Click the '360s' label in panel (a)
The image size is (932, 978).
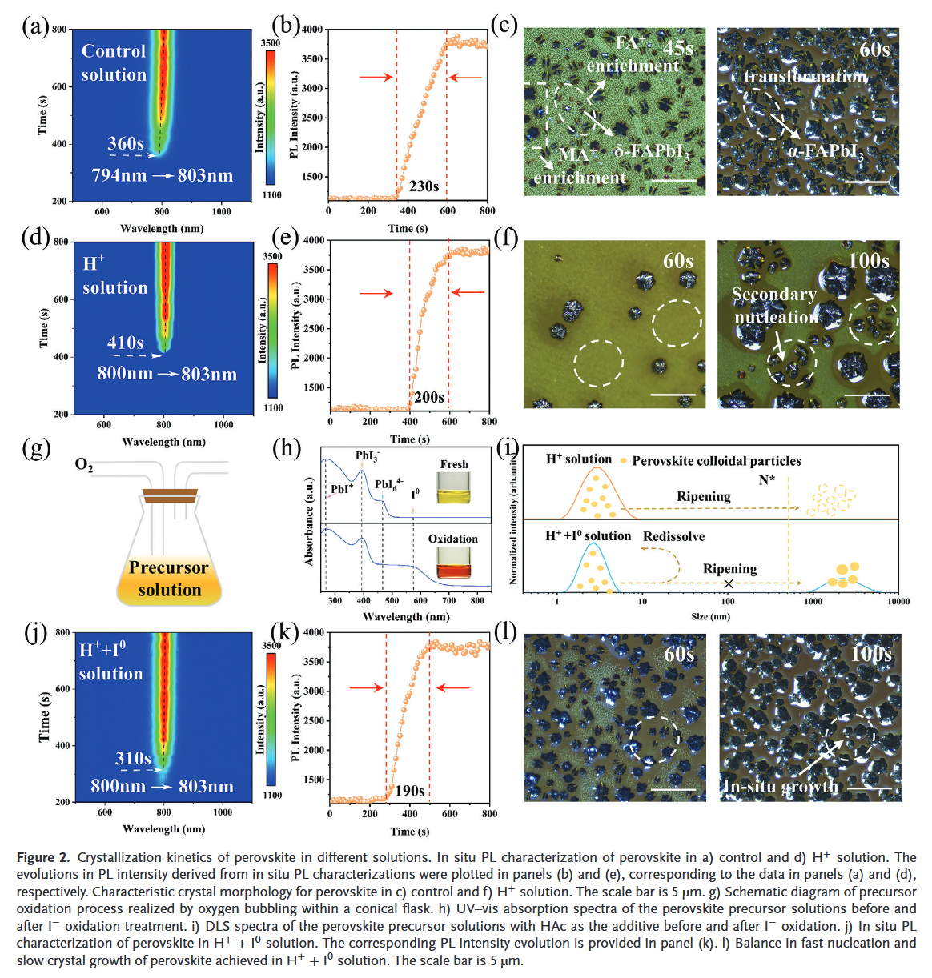[x=126, y=144]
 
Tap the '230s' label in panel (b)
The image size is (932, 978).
[x=424, y=186]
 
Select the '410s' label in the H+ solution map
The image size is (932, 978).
[x=126, y=343]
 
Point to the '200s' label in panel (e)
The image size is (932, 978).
[x=428, y=397]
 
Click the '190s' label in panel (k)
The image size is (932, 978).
[x=409, y=791]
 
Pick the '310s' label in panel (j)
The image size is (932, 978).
[x=133, y=758]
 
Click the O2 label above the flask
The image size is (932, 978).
[x=84, y=465]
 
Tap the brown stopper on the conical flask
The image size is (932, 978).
[x=170, y=495]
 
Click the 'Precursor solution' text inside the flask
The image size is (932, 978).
[x=169, y=579]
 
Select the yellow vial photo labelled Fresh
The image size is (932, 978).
[x=453, y=487]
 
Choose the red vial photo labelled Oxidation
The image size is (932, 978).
[x=453, y=562]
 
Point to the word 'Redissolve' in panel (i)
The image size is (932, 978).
[x=673, y=536]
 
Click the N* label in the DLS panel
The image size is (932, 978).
[x=767, y=479]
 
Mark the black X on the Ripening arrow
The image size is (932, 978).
[x=728, y=583]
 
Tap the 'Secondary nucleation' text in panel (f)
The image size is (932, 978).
[x=774, y=306]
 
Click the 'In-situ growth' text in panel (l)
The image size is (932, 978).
[x=780, y=787]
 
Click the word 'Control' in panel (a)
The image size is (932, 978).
[x=114, y=51]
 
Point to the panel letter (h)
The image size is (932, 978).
[x=287, y=447]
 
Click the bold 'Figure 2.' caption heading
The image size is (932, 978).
[x=43, y=857]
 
